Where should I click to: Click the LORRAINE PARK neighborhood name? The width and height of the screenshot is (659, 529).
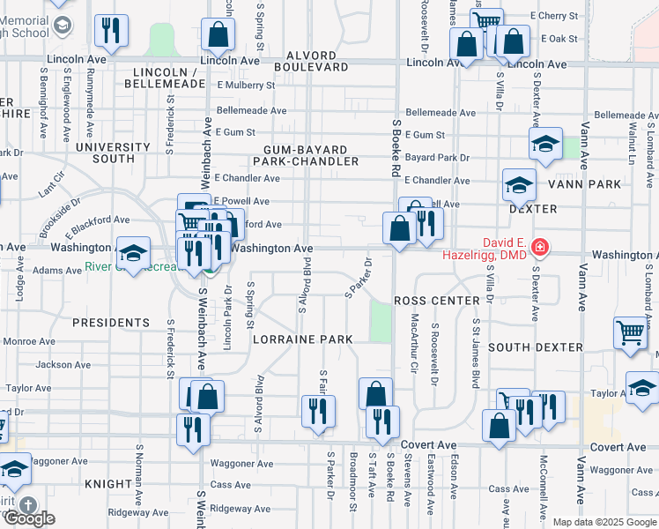(302, 339)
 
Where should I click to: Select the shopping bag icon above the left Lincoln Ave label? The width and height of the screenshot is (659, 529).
(218, 34)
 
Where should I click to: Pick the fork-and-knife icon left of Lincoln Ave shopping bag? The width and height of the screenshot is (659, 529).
(110, 30)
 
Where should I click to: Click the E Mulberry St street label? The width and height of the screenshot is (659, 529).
(245, 86)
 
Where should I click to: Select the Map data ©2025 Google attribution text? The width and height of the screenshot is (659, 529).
(603, 522)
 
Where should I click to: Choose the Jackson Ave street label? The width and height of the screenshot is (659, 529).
(63, 364)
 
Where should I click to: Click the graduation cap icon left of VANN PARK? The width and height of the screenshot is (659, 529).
(519, 184)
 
